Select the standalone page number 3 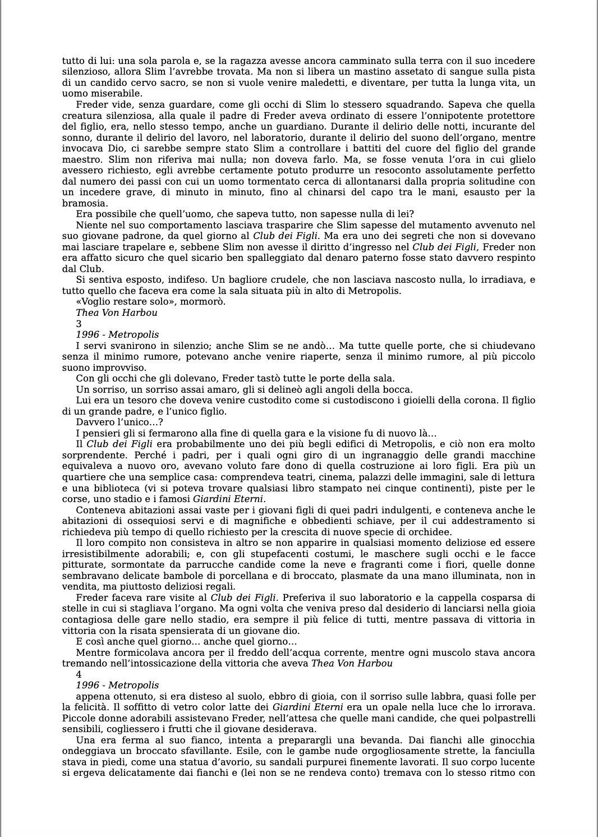pyautogui.click(x=79, y=324)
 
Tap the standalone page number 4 pyautogui.click(x=79, y=674)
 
